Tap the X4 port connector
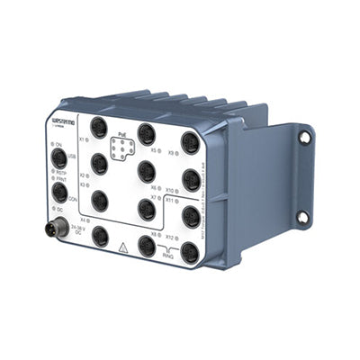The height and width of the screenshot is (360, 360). [100, 236]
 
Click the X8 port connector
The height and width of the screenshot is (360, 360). [147, 244]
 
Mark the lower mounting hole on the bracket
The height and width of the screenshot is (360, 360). [302, 217]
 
